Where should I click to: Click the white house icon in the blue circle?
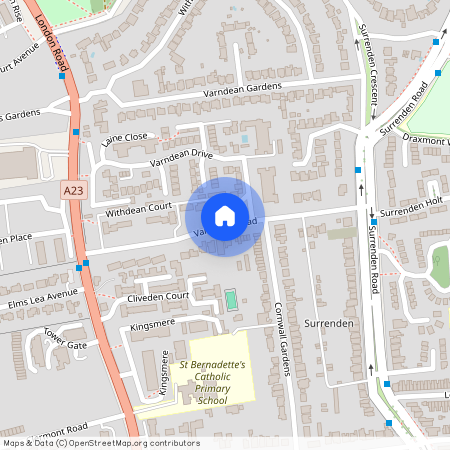pos(224,216)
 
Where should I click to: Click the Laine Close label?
pos(124,138)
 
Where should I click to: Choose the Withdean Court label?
pos(141,210)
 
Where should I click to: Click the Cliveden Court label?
pos(158,297)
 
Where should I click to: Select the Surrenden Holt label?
pos(410,211)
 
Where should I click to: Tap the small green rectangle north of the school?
pos(232,299)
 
